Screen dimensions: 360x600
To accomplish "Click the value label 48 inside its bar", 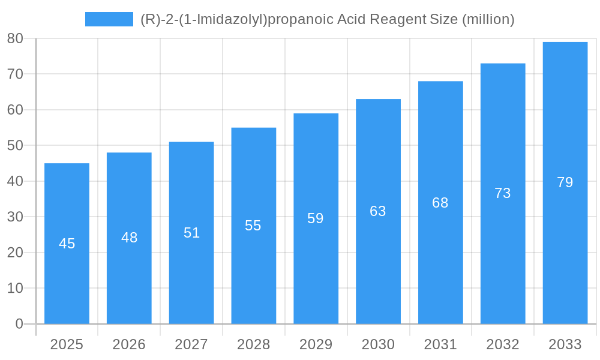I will pos(129,238).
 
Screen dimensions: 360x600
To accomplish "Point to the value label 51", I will pos(191,233).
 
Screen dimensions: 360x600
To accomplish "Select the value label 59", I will pos(316,218).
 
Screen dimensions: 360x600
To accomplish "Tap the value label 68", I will pos(440,203).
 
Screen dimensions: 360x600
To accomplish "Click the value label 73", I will pos(503,193).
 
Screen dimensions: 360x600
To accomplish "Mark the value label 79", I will pos(565,182).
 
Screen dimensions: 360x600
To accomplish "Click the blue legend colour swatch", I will pos(109,19).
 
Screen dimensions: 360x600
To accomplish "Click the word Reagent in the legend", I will pos(398,19).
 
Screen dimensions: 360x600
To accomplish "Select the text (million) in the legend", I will pos(488,19).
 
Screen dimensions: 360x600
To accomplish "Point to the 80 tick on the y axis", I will pos(15,38).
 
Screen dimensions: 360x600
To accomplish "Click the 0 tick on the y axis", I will pos(19,324).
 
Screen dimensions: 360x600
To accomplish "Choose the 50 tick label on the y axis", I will pos(15,145).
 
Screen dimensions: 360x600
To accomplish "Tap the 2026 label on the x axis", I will pos(129,344).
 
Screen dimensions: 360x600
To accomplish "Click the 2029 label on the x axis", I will pos(316,344).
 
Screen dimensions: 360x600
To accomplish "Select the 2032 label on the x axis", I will pos(503,344).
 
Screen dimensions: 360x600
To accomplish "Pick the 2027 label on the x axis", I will pos(191,344).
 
